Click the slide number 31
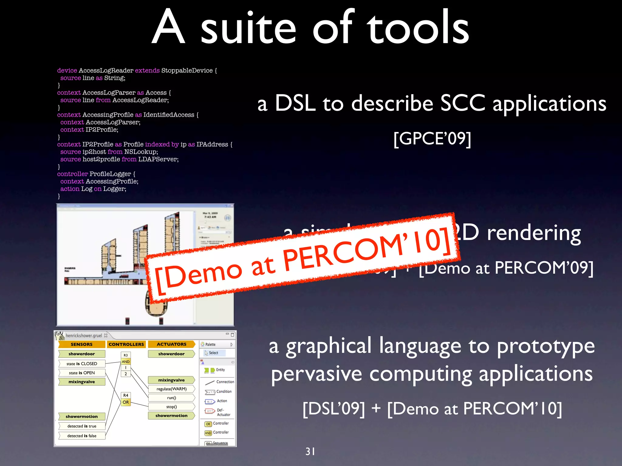point(310,451)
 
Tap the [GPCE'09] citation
point(432,139)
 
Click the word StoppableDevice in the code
point(187,70)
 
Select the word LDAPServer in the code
point(158,159)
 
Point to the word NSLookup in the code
point(141,152)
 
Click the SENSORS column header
point(81,344)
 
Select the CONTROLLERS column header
point(126,344)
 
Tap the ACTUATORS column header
point(171,344)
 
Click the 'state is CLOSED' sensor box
point(82,363)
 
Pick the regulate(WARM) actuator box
point(171,389)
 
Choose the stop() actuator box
point(171,407)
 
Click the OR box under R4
point(126,402)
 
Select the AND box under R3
point(126,362)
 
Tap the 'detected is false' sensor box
point(82,436)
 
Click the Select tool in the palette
point(213,353)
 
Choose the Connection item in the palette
point(225,382)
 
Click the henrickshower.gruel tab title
point(84,336)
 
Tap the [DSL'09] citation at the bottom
point(333,409)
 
